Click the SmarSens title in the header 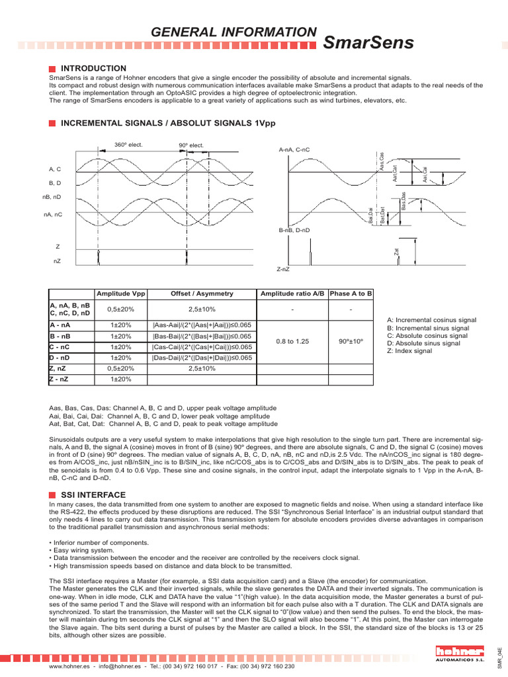tap(368, 43)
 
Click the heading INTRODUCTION tap(93, 68)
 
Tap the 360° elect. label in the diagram tap(128, 144)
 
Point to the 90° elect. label tap(191, 145)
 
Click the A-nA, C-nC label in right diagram tap(294, 149)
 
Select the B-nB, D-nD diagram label tap(294, 229)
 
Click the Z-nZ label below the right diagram tap(282, 270)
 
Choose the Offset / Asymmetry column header tap(202, 293)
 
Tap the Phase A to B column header tap(351, 293)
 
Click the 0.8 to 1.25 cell tap(292, 342)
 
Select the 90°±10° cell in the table tap(351, 342)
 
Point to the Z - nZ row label tap(62, 379)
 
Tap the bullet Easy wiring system tap(79, 550)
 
